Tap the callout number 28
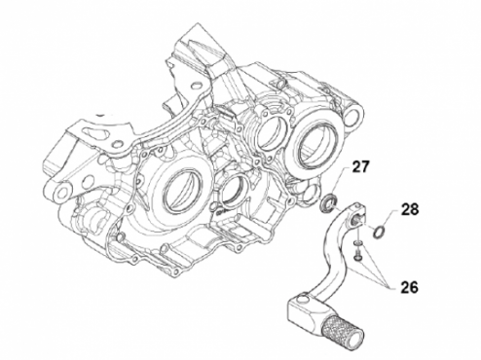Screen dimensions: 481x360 pos(410,209)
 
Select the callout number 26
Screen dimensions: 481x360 pos(409,288)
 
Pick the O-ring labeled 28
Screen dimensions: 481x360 pos(379,233)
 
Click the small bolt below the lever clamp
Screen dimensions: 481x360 pos(357,255)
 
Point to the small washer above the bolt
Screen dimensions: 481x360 pos(357,242)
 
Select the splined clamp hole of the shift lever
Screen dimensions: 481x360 pos(357,221)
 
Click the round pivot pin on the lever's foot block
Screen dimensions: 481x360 pos(302,298)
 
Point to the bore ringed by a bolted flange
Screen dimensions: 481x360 pos(272,131)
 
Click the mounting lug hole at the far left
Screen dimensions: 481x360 pos(60,194)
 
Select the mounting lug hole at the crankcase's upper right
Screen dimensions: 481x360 pos(353,115)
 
